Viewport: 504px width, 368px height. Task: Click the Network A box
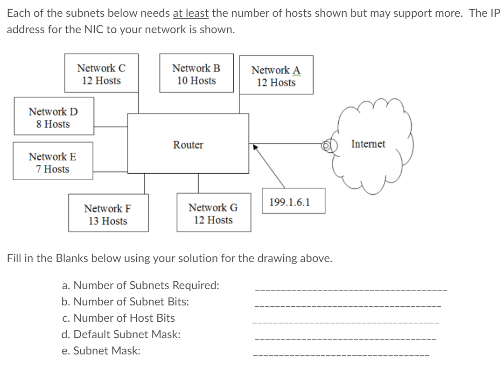tap(276, 75)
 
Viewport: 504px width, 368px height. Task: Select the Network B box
tap(196, 73)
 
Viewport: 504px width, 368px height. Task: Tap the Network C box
tap(102, 73)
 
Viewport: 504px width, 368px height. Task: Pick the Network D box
tap(54, 116)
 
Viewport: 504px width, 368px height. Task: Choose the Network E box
tap(53, 161)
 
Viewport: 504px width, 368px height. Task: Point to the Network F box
tap(108, 213)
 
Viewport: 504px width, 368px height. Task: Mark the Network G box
tap(214, 212)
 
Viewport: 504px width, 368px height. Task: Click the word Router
tap(188, 145)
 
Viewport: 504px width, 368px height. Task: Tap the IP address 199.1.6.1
tap(290, 202)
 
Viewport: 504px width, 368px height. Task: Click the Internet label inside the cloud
tap(368, 144)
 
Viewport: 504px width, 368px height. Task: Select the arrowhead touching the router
tap(255, 147)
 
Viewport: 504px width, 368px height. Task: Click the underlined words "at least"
tap(191, 13)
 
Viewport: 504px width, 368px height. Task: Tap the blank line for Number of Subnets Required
tap(351, 290)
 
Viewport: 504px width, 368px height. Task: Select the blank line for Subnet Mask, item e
tap(341, 355)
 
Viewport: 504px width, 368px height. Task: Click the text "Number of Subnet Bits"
tap(131, 302)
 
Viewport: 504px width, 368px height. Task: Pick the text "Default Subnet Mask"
tap(127, 334)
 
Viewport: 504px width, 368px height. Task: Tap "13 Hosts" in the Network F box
tap(108, 221)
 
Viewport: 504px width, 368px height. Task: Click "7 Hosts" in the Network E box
tap(52, 169)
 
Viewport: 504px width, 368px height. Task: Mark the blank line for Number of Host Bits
tap(346, 322)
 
